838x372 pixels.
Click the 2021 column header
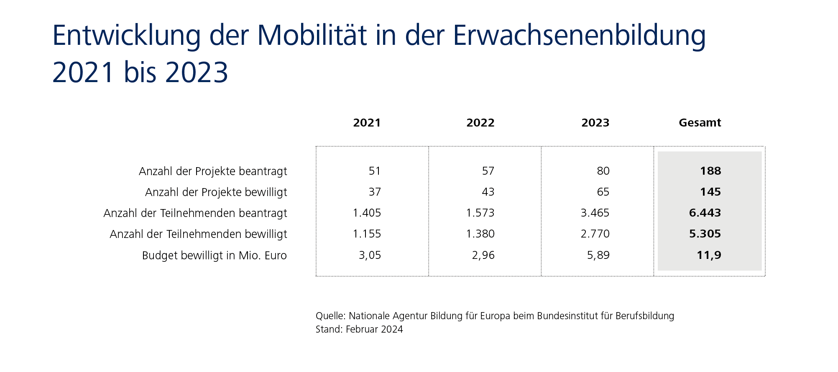(367, 123)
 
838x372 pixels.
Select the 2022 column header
(480, 123)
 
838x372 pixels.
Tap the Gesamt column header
(700, 123)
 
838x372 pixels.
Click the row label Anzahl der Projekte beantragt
(213, 171)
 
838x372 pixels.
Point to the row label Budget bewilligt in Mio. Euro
(214, 256)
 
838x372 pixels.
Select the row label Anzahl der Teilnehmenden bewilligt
(198, 234)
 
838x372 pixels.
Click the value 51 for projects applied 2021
(375, 171)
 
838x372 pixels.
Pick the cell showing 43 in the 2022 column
(488, 192)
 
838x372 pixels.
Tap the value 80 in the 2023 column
(603, 171)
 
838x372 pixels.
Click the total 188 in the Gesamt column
(710, 171)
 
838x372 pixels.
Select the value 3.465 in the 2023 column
(595, 213)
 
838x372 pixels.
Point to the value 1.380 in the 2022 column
(480, 234)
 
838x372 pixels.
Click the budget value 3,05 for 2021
(370, 255)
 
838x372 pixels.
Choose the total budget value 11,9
(709, 255)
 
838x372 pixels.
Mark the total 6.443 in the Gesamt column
(705, 213)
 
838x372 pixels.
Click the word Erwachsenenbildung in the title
(579, 36)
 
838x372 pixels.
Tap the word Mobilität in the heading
(312, 36)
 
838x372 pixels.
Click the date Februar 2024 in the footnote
(374, 329)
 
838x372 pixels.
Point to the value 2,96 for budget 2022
(483, 255)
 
